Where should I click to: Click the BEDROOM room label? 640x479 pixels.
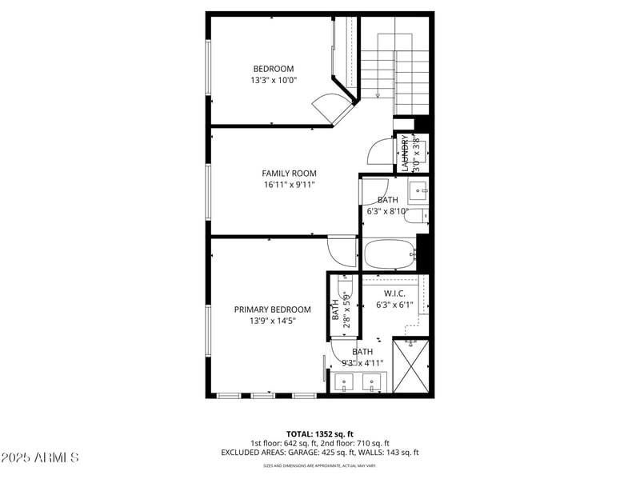pyautogui.click(x=274, y=69)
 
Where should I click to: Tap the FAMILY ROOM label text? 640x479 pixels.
pyautogui.click(x=289, y=174)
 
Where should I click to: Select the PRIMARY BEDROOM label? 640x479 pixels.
pyautogui.click(x=272, y=309)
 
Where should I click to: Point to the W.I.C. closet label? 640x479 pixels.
pyautogui.click(x=395, y=293)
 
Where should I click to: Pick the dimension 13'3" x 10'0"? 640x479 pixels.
pyautogui.click(x=274, y=80)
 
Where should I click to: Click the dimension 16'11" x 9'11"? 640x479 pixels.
pyautogui.click(x=289, y=185)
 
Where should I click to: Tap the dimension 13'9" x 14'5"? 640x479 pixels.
pyautogui.click(x=272, y=321)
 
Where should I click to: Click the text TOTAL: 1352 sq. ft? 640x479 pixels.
pyautogui.click(x=320, y=434)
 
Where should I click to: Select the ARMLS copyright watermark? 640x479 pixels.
pyautogui.click(x=40, y=457)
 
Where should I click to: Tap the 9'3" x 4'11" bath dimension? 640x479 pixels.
pyautogui.click(x=362, y=362)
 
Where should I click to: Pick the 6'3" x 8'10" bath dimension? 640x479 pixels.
pyautogui.click(x=388, y=212)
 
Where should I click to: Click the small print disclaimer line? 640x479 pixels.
pyautogui.click(x=320, y=465)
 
